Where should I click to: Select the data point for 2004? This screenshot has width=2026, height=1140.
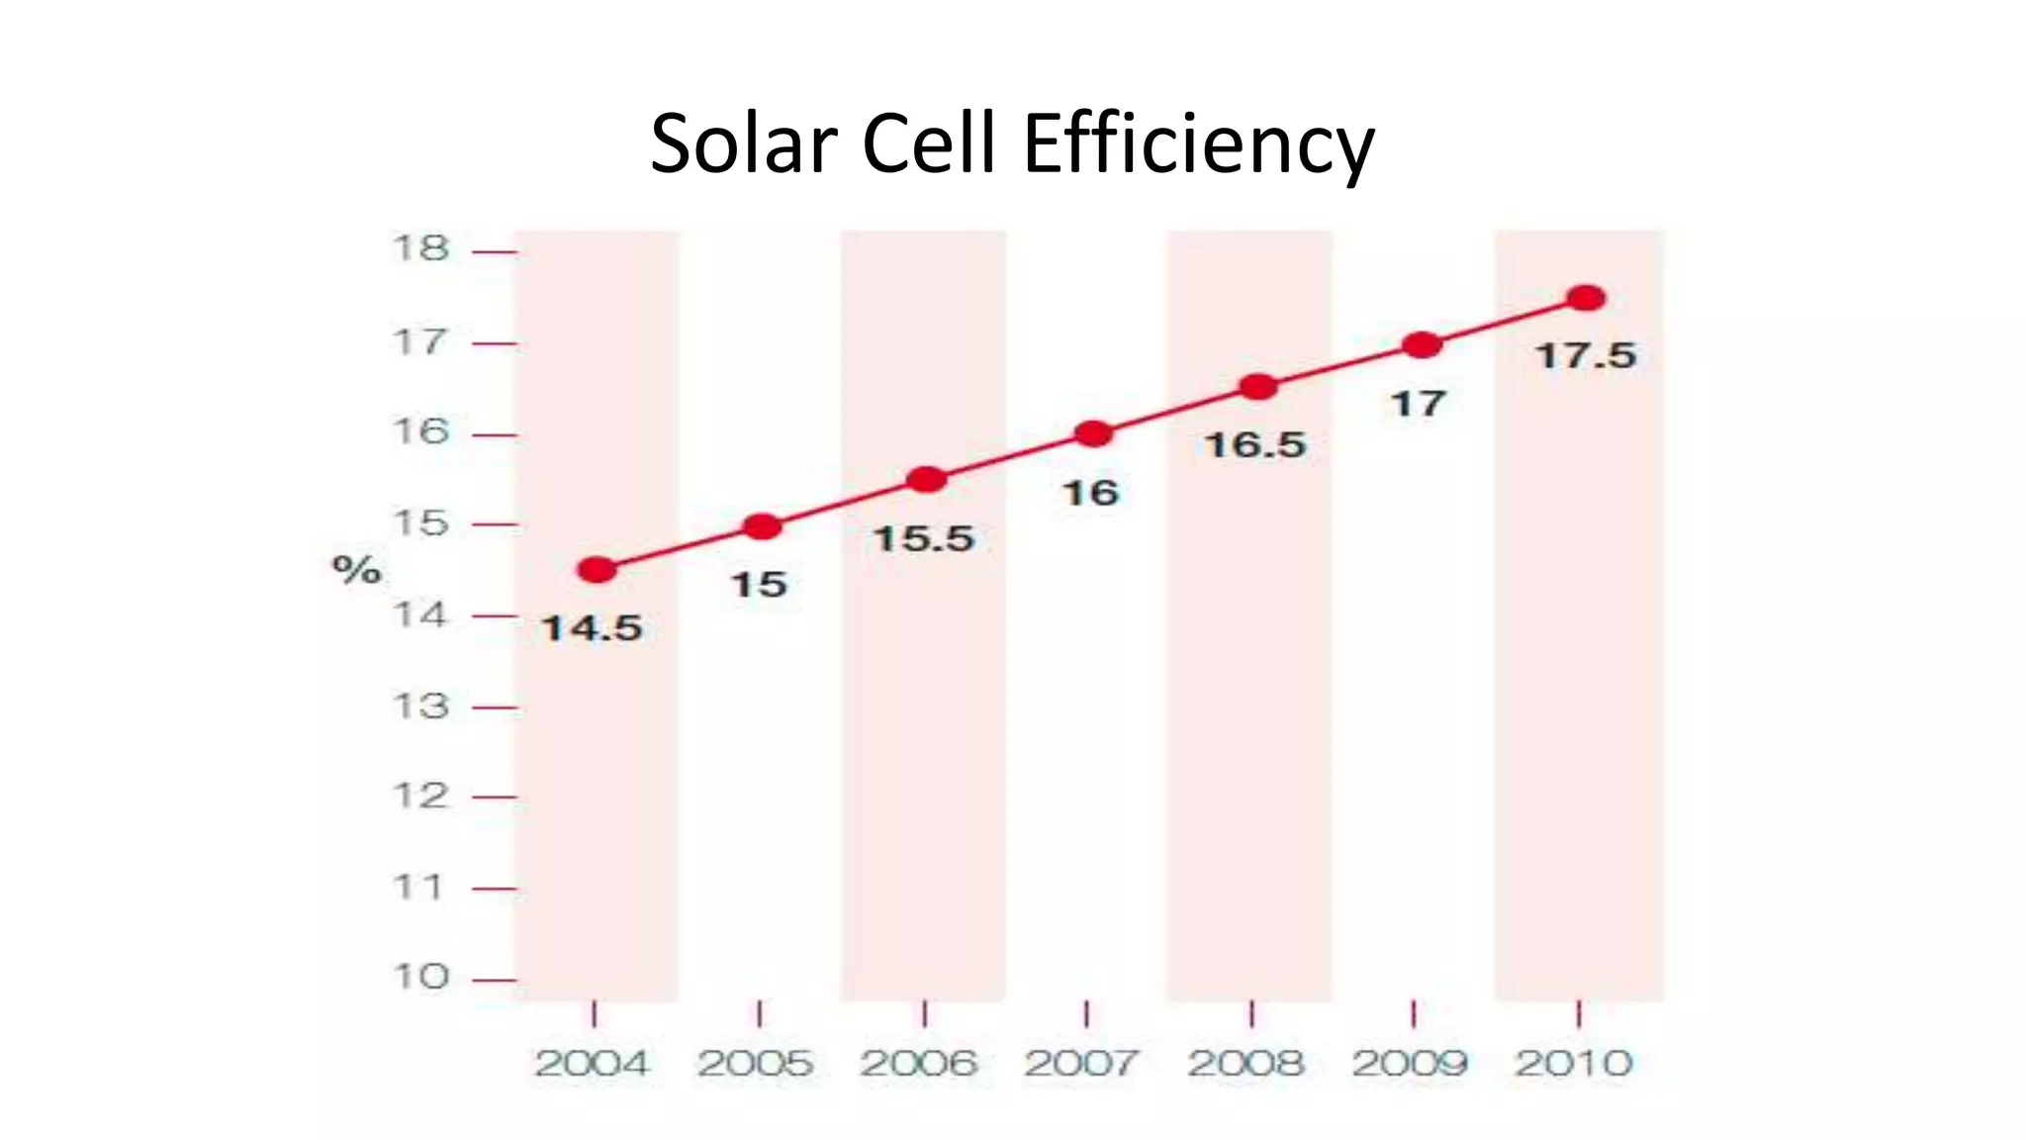point(597,570)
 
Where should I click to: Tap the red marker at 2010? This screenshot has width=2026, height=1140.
point(1586,298)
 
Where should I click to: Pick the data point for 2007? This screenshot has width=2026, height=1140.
point(1093,433)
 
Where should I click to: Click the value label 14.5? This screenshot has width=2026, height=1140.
point(592,628)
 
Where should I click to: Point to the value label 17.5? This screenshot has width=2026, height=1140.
point(1585,356)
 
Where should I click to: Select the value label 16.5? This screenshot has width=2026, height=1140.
point(1254,445)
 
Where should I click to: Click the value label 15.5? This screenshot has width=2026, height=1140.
point(924,539)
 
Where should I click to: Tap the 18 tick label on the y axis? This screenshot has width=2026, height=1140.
point(420,248)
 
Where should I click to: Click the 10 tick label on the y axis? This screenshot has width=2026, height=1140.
point(420,978)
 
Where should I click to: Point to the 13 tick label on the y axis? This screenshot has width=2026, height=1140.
point(420,707)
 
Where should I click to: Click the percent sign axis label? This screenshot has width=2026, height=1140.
point(356,569)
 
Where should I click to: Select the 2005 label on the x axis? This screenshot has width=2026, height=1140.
point(755,1064)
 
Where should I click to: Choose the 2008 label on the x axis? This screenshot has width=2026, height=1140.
point(1245,1064)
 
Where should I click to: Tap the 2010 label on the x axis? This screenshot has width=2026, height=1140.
point(1573,1064)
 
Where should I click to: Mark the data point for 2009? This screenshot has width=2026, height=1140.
point(1423,345)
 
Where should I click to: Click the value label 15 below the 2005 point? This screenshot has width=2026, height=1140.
point(759,585)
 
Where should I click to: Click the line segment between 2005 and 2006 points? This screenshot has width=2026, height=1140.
point(844,503)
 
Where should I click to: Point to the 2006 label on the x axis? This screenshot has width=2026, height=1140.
point(918,1064)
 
